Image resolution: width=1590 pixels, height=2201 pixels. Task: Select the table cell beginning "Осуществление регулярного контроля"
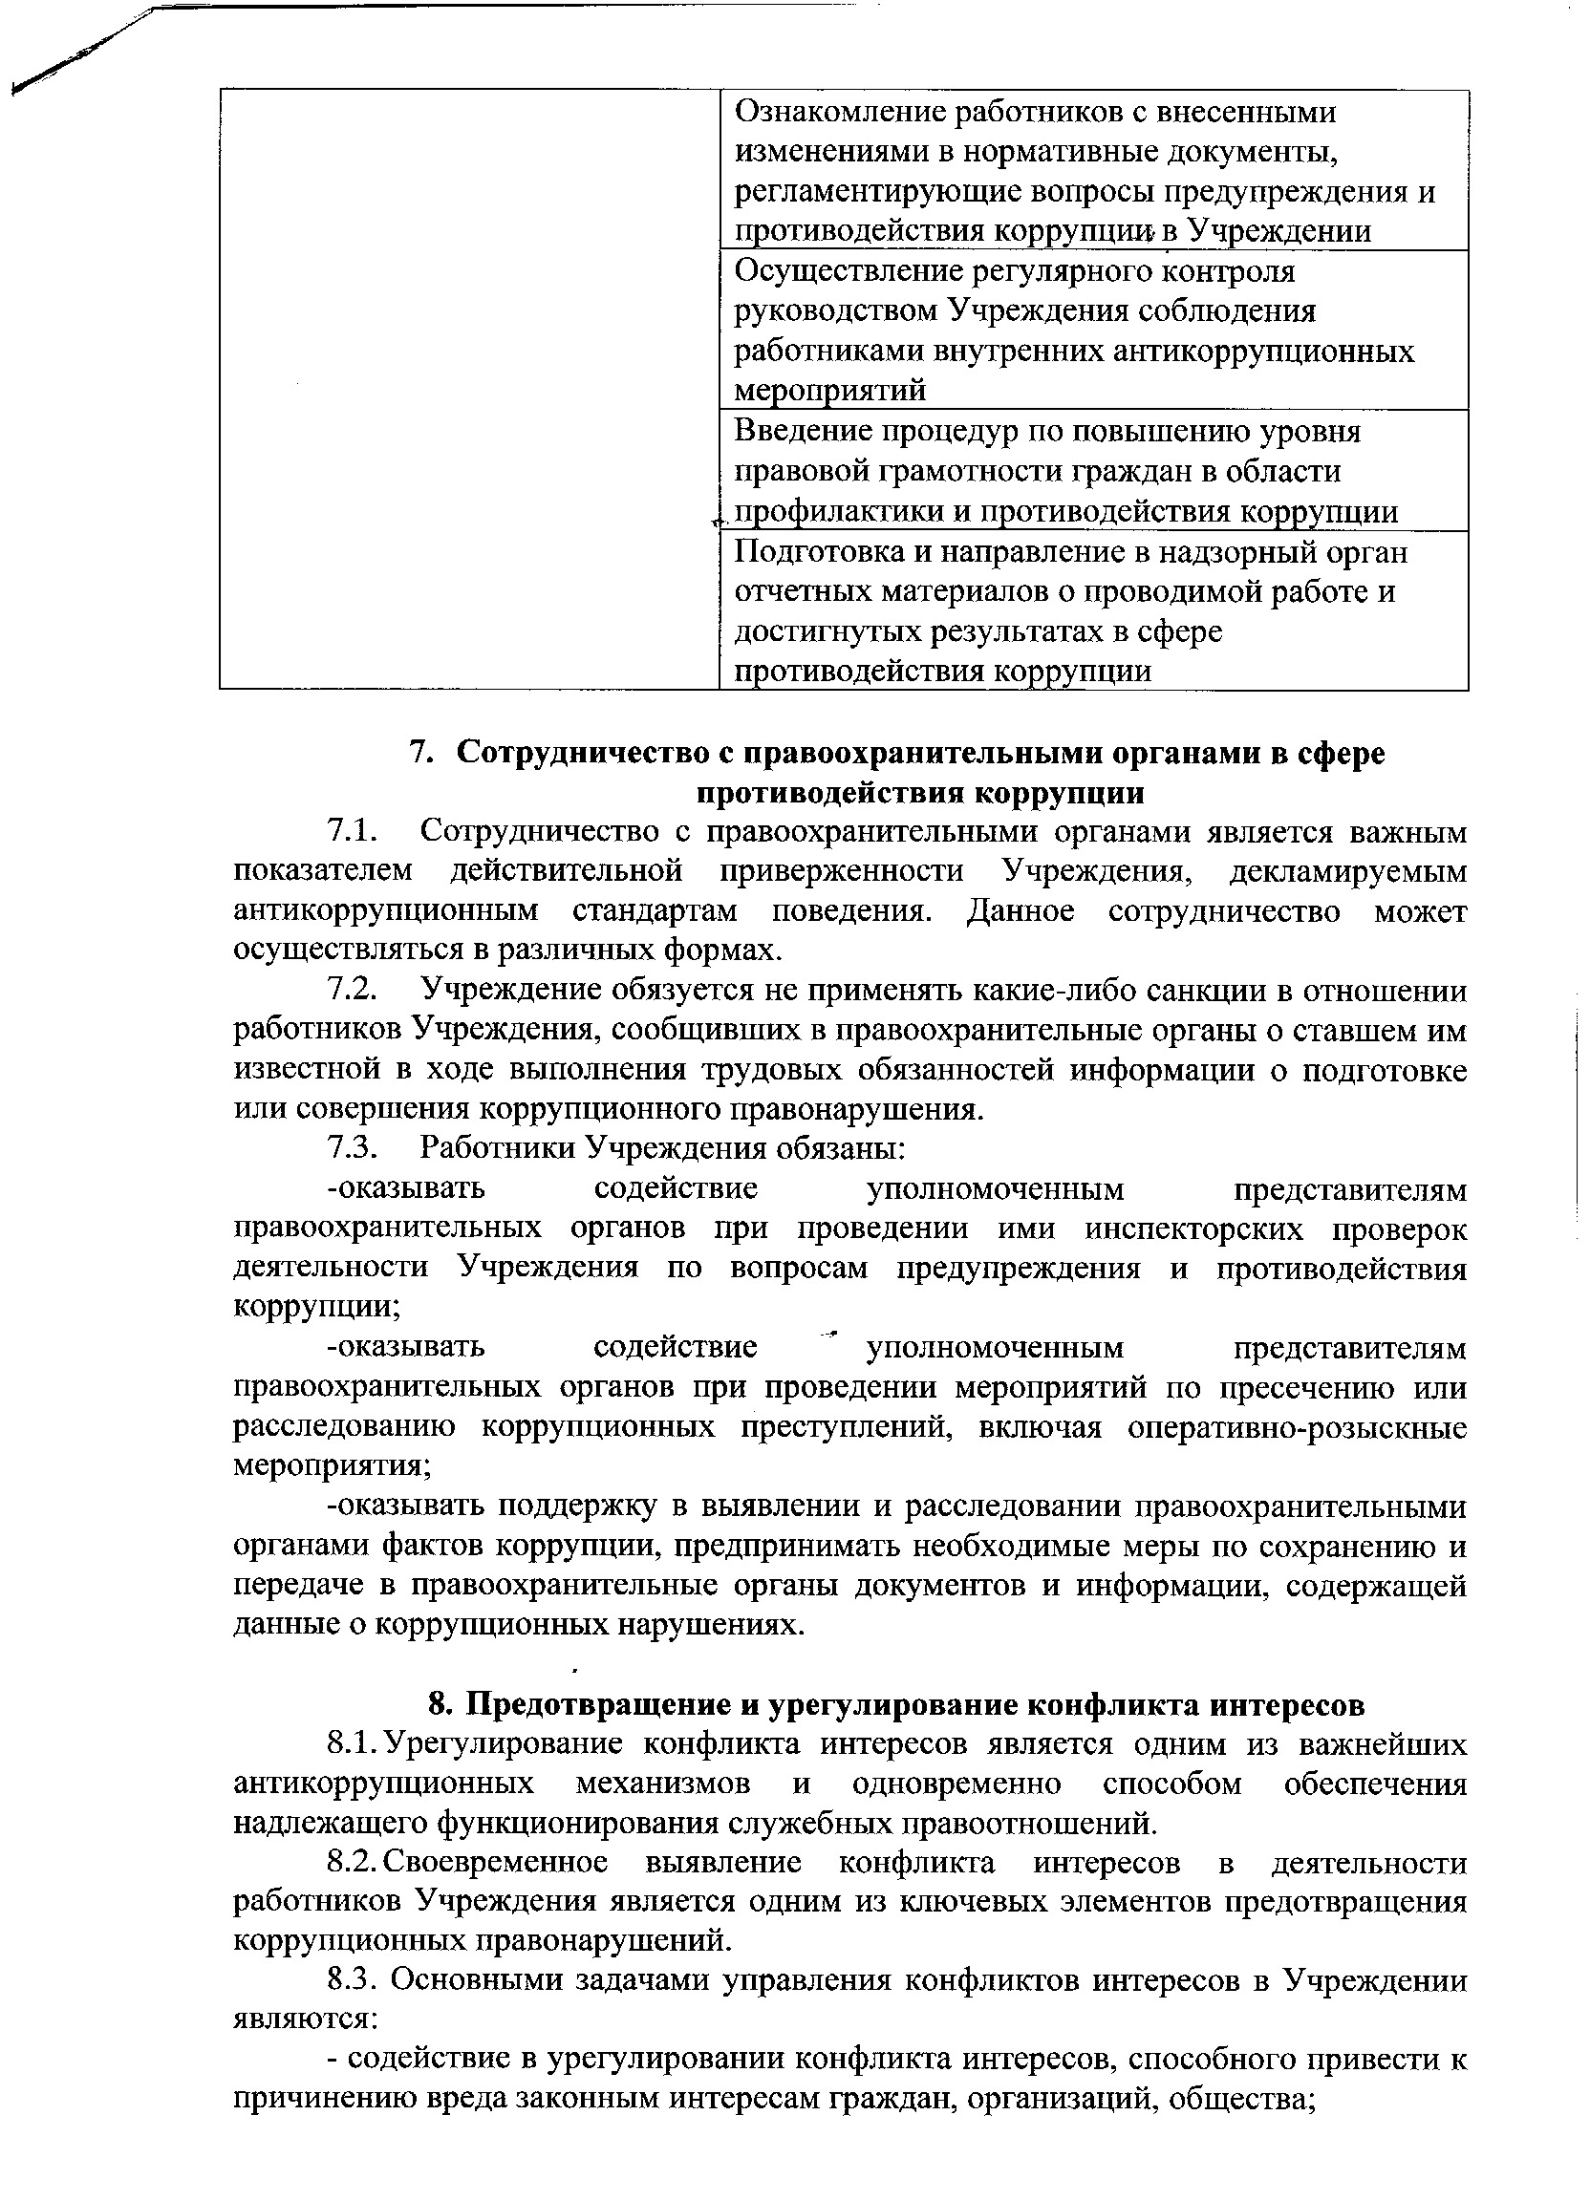(1092, 330)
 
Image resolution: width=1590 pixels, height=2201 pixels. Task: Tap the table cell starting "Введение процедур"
(1092, 471)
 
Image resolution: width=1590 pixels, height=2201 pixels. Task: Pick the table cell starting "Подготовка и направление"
(1092, 610)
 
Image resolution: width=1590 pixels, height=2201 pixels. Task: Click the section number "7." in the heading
(419, 753)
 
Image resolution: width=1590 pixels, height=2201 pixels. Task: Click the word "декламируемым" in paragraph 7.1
(1347, 871)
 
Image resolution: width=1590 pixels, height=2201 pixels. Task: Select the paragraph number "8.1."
(354, 1744)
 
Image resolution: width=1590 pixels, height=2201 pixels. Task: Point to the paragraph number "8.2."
(354, 1862)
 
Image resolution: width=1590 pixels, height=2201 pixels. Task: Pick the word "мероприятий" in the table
(830, 391)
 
